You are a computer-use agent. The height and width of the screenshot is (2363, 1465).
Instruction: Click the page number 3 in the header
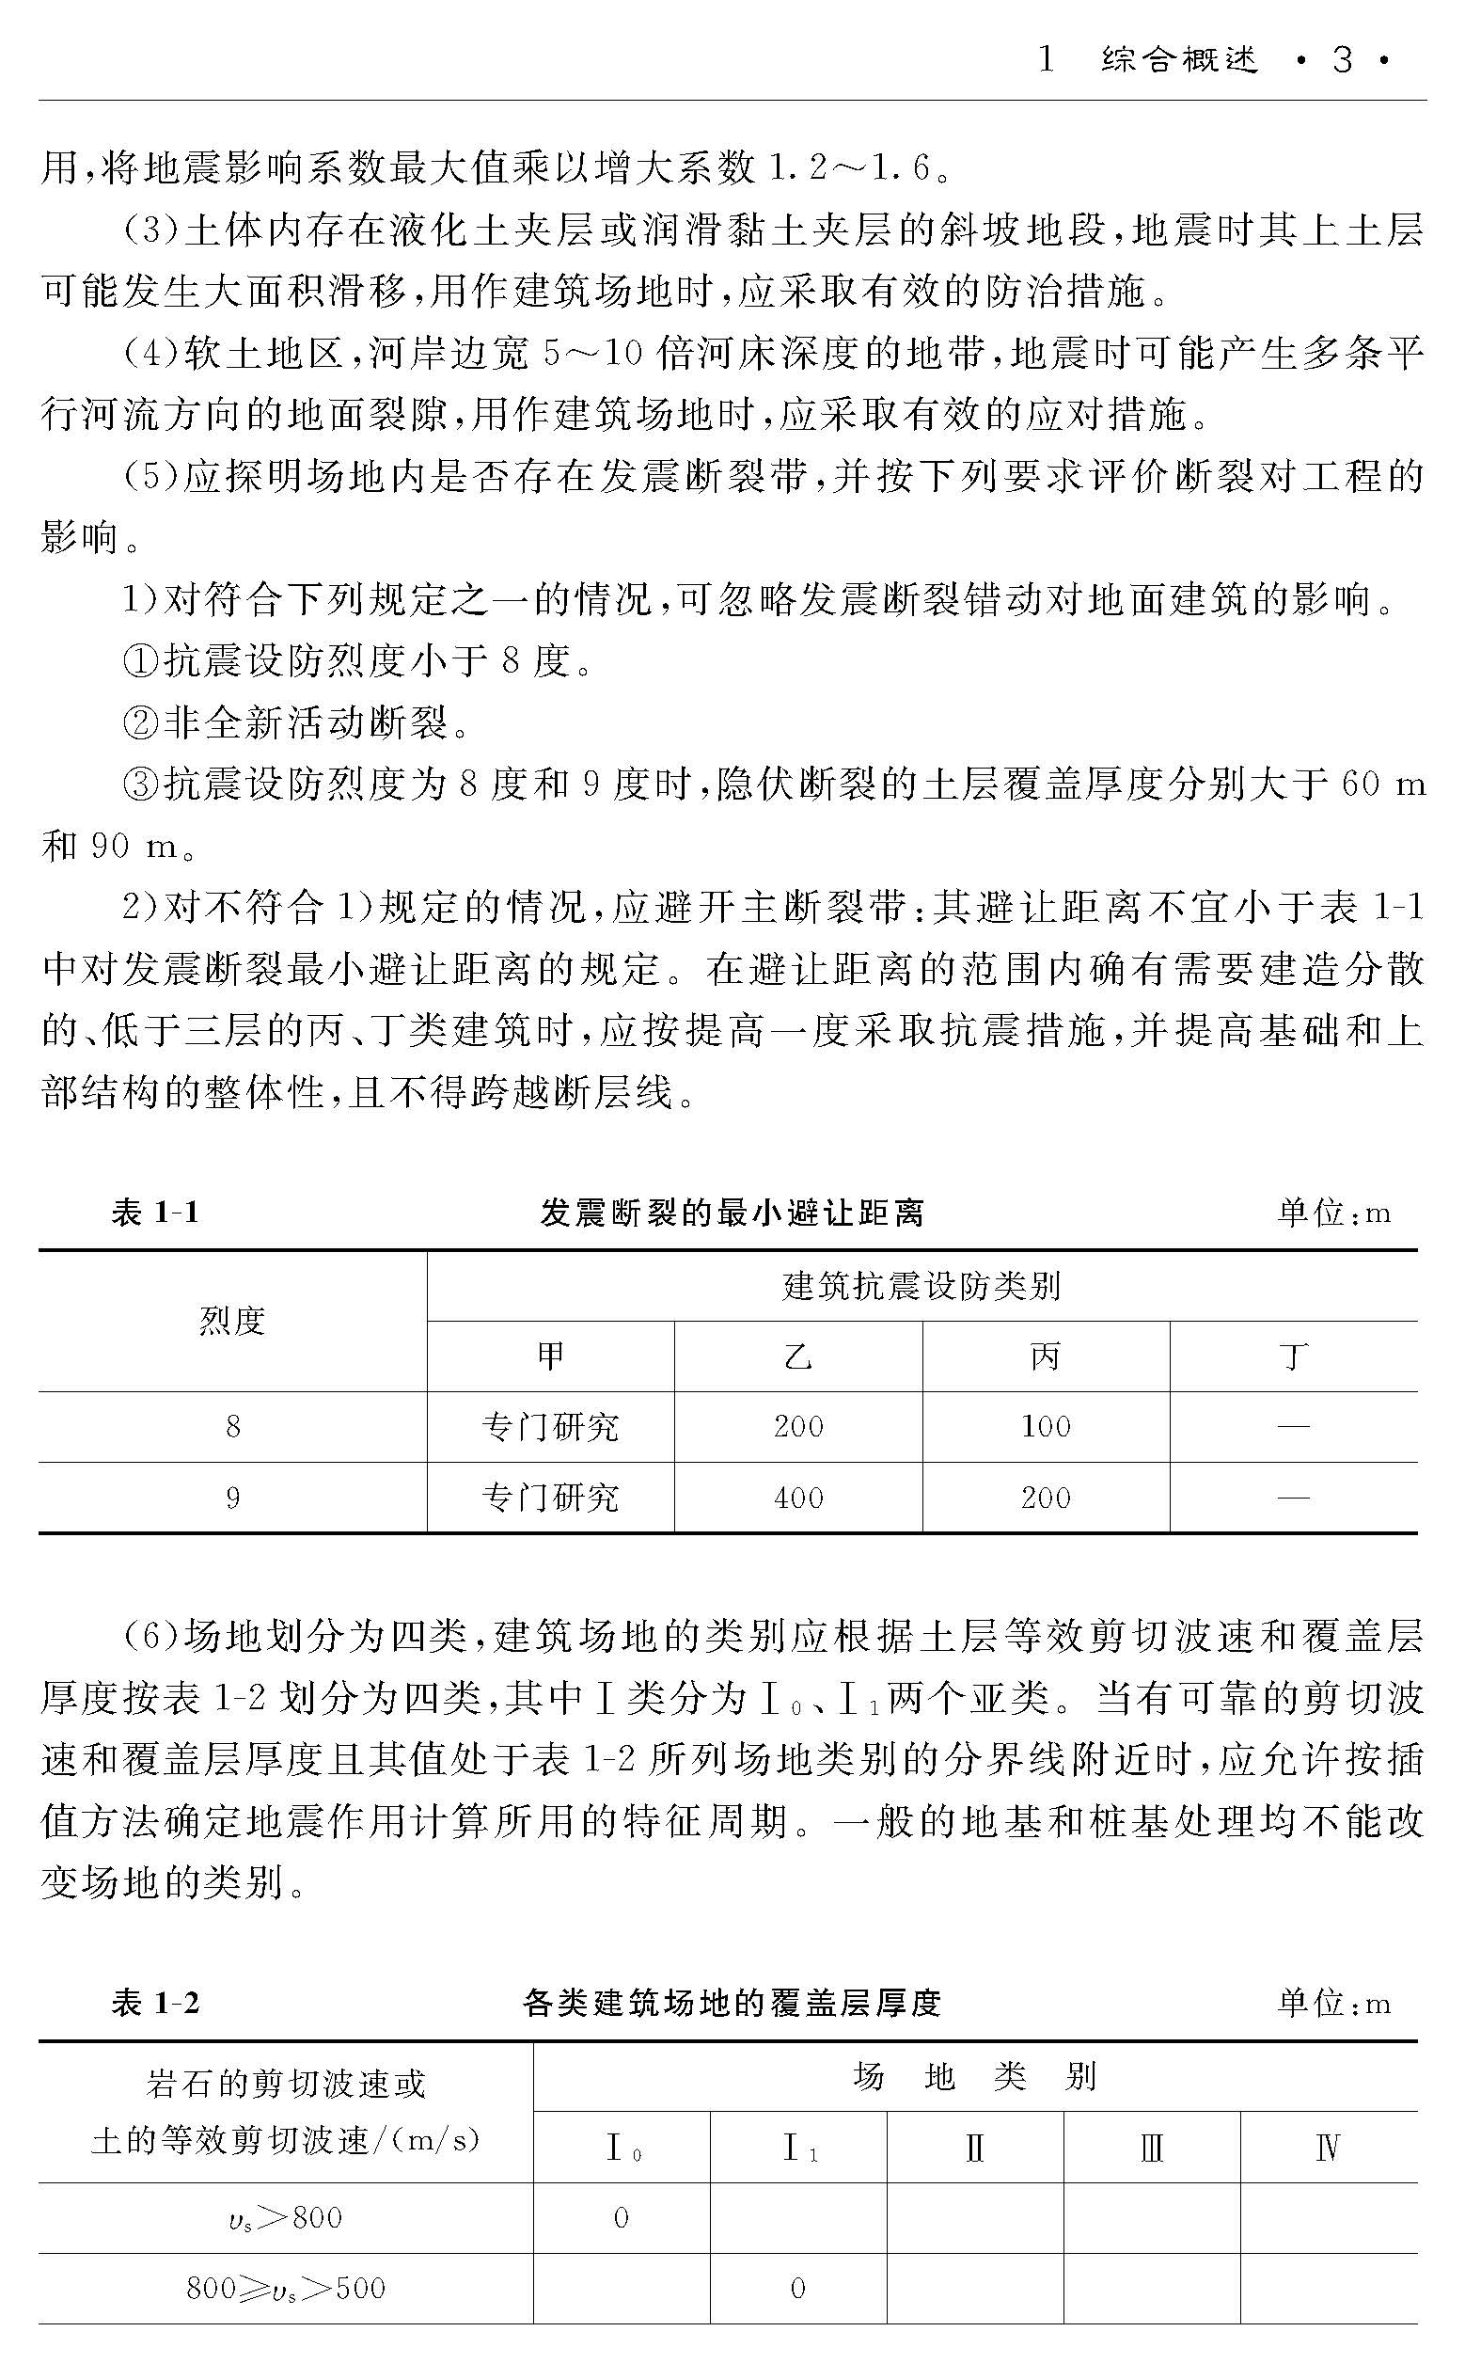tap(1342, 61)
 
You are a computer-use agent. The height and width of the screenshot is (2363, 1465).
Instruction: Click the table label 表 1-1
tap(155, 1213)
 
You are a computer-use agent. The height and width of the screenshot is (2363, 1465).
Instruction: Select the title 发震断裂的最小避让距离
tap(732, 1213)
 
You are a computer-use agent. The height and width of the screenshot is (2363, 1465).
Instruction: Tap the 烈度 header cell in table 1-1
tap(232, 1321)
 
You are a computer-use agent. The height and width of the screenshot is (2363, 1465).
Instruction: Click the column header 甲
tap(550, 1356)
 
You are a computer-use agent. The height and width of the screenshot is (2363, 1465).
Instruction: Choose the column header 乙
tap(798, 1356)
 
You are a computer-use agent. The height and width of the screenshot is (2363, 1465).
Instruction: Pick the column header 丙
tap(1046, 1356)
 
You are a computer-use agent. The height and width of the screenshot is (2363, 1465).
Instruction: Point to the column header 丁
tap(1294, 1356)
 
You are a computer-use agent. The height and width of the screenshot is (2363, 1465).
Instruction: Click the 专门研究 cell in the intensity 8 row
tap(550, 1427)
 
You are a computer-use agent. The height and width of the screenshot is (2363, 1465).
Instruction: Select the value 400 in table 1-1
tap(798, 1499)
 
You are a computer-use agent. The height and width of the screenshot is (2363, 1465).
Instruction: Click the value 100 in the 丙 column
tap(1046, 1427)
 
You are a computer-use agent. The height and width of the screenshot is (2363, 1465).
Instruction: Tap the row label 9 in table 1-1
tap(232, 1499)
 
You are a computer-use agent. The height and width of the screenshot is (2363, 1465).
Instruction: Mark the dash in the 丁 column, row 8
tap(1294, 1427)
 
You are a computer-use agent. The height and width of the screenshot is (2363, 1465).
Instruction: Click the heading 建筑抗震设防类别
tap(922, 1287)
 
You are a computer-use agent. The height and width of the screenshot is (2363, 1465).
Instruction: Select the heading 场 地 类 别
tap(975, 2078)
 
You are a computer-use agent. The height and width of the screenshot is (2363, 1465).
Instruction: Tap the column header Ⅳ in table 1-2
tap(1328, 2149)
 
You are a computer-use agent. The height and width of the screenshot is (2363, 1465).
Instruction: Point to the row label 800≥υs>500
tap(286, 2289)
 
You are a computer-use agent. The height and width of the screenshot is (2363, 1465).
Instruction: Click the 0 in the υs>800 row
tap(622, 2217)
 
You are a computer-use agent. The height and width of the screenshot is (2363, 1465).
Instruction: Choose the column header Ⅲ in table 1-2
tap(1151, 2149)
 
